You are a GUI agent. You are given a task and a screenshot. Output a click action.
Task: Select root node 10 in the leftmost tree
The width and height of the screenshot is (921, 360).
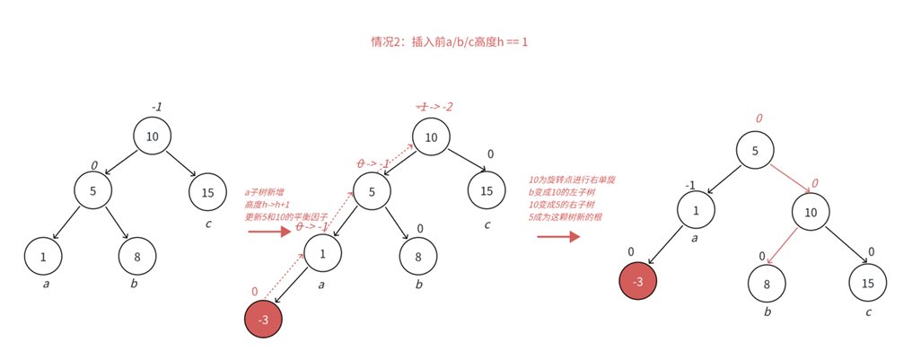[153, 136]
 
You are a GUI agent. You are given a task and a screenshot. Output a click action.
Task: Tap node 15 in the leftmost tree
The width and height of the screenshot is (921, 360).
[207, 191]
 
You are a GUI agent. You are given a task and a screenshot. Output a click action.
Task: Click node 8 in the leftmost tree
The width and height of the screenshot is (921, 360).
[137, 256]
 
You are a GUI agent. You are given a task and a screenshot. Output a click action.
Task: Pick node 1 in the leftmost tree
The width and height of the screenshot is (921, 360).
[43, 256]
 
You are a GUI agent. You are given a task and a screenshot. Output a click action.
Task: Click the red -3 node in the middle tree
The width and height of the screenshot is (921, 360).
[263, 320]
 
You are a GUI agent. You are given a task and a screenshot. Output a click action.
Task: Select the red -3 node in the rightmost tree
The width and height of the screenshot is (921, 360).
[638, 281]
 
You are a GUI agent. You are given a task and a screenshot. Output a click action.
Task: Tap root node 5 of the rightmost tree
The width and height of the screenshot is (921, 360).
[755, 152]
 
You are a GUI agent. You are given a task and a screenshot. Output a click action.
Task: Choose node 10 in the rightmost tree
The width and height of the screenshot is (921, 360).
[811, 212]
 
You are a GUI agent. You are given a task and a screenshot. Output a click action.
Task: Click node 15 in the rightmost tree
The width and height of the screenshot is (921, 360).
[867, 281]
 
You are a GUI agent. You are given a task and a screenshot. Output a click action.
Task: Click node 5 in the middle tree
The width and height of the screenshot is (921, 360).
[372, 190]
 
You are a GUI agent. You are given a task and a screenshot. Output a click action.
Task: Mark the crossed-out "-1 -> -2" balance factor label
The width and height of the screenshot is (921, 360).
[434, 107]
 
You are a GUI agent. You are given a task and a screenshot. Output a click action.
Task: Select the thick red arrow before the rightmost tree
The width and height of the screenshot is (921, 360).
[557, 237]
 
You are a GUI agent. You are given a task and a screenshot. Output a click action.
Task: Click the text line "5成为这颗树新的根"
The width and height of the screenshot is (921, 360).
[565, 217]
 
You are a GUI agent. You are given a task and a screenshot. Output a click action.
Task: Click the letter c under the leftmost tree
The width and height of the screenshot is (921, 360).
[207, 224]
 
